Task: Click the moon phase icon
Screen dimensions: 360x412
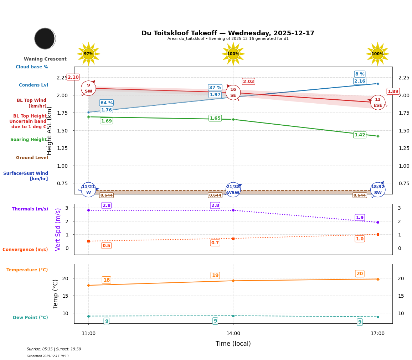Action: pyautogui.click(x=45, y=38)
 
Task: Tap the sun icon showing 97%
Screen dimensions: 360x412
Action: pyautogui.click(x=88, y=54)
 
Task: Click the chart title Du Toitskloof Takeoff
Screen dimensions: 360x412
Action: pyautogui.click(x=228, y=33)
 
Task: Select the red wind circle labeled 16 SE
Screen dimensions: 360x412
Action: pyautogui.click(x=233, y=93)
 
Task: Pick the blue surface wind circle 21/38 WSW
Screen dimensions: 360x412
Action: pyautogui.click(x=233, y=190)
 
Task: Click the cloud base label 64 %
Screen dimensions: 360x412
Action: pyautogui.click(x=106, y=103)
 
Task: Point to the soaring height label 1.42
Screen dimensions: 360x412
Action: pyautogui.click(x=360, y=135)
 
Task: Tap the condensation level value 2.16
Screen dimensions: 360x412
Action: pyautogui.click(x=360, y=81)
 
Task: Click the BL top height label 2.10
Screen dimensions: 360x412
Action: pyautogui.click(x=73, y=77)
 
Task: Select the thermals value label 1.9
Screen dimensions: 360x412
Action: pyautogui.click(x=360, y=218)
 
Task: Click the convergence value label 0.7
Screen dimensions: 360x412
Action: pyautogui.click(x=215, y=243)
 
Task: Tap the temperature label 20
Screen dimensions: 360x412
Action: pyautogui.click(x=360, y=274)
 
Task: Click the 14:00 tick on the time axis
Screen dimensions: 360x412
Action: pyautogui.click(x=233, y=334)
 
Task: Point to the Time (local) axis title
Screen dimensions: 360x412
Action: pyautogui.click(x=233, y=344)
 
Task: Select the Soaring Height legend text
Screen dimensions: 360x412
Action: pyautogui.click(x=29, y=140)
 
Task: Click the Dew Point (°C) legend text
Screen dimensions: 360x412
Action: pyautogui.click(x=30, y=318)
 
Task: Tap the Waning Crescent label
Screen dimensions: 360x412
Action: pyautogui.click(x=45, y=59)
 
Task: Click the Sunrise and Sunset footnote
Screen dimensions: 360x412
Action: pyautogui.click(x=54, y=349)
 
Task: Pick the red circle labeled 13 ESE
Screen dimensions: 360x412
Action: pyautogui.click(x=377, y=103)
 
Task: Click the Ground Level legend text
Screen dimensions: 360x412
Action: pyautogui.click(x=32, y=158)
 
